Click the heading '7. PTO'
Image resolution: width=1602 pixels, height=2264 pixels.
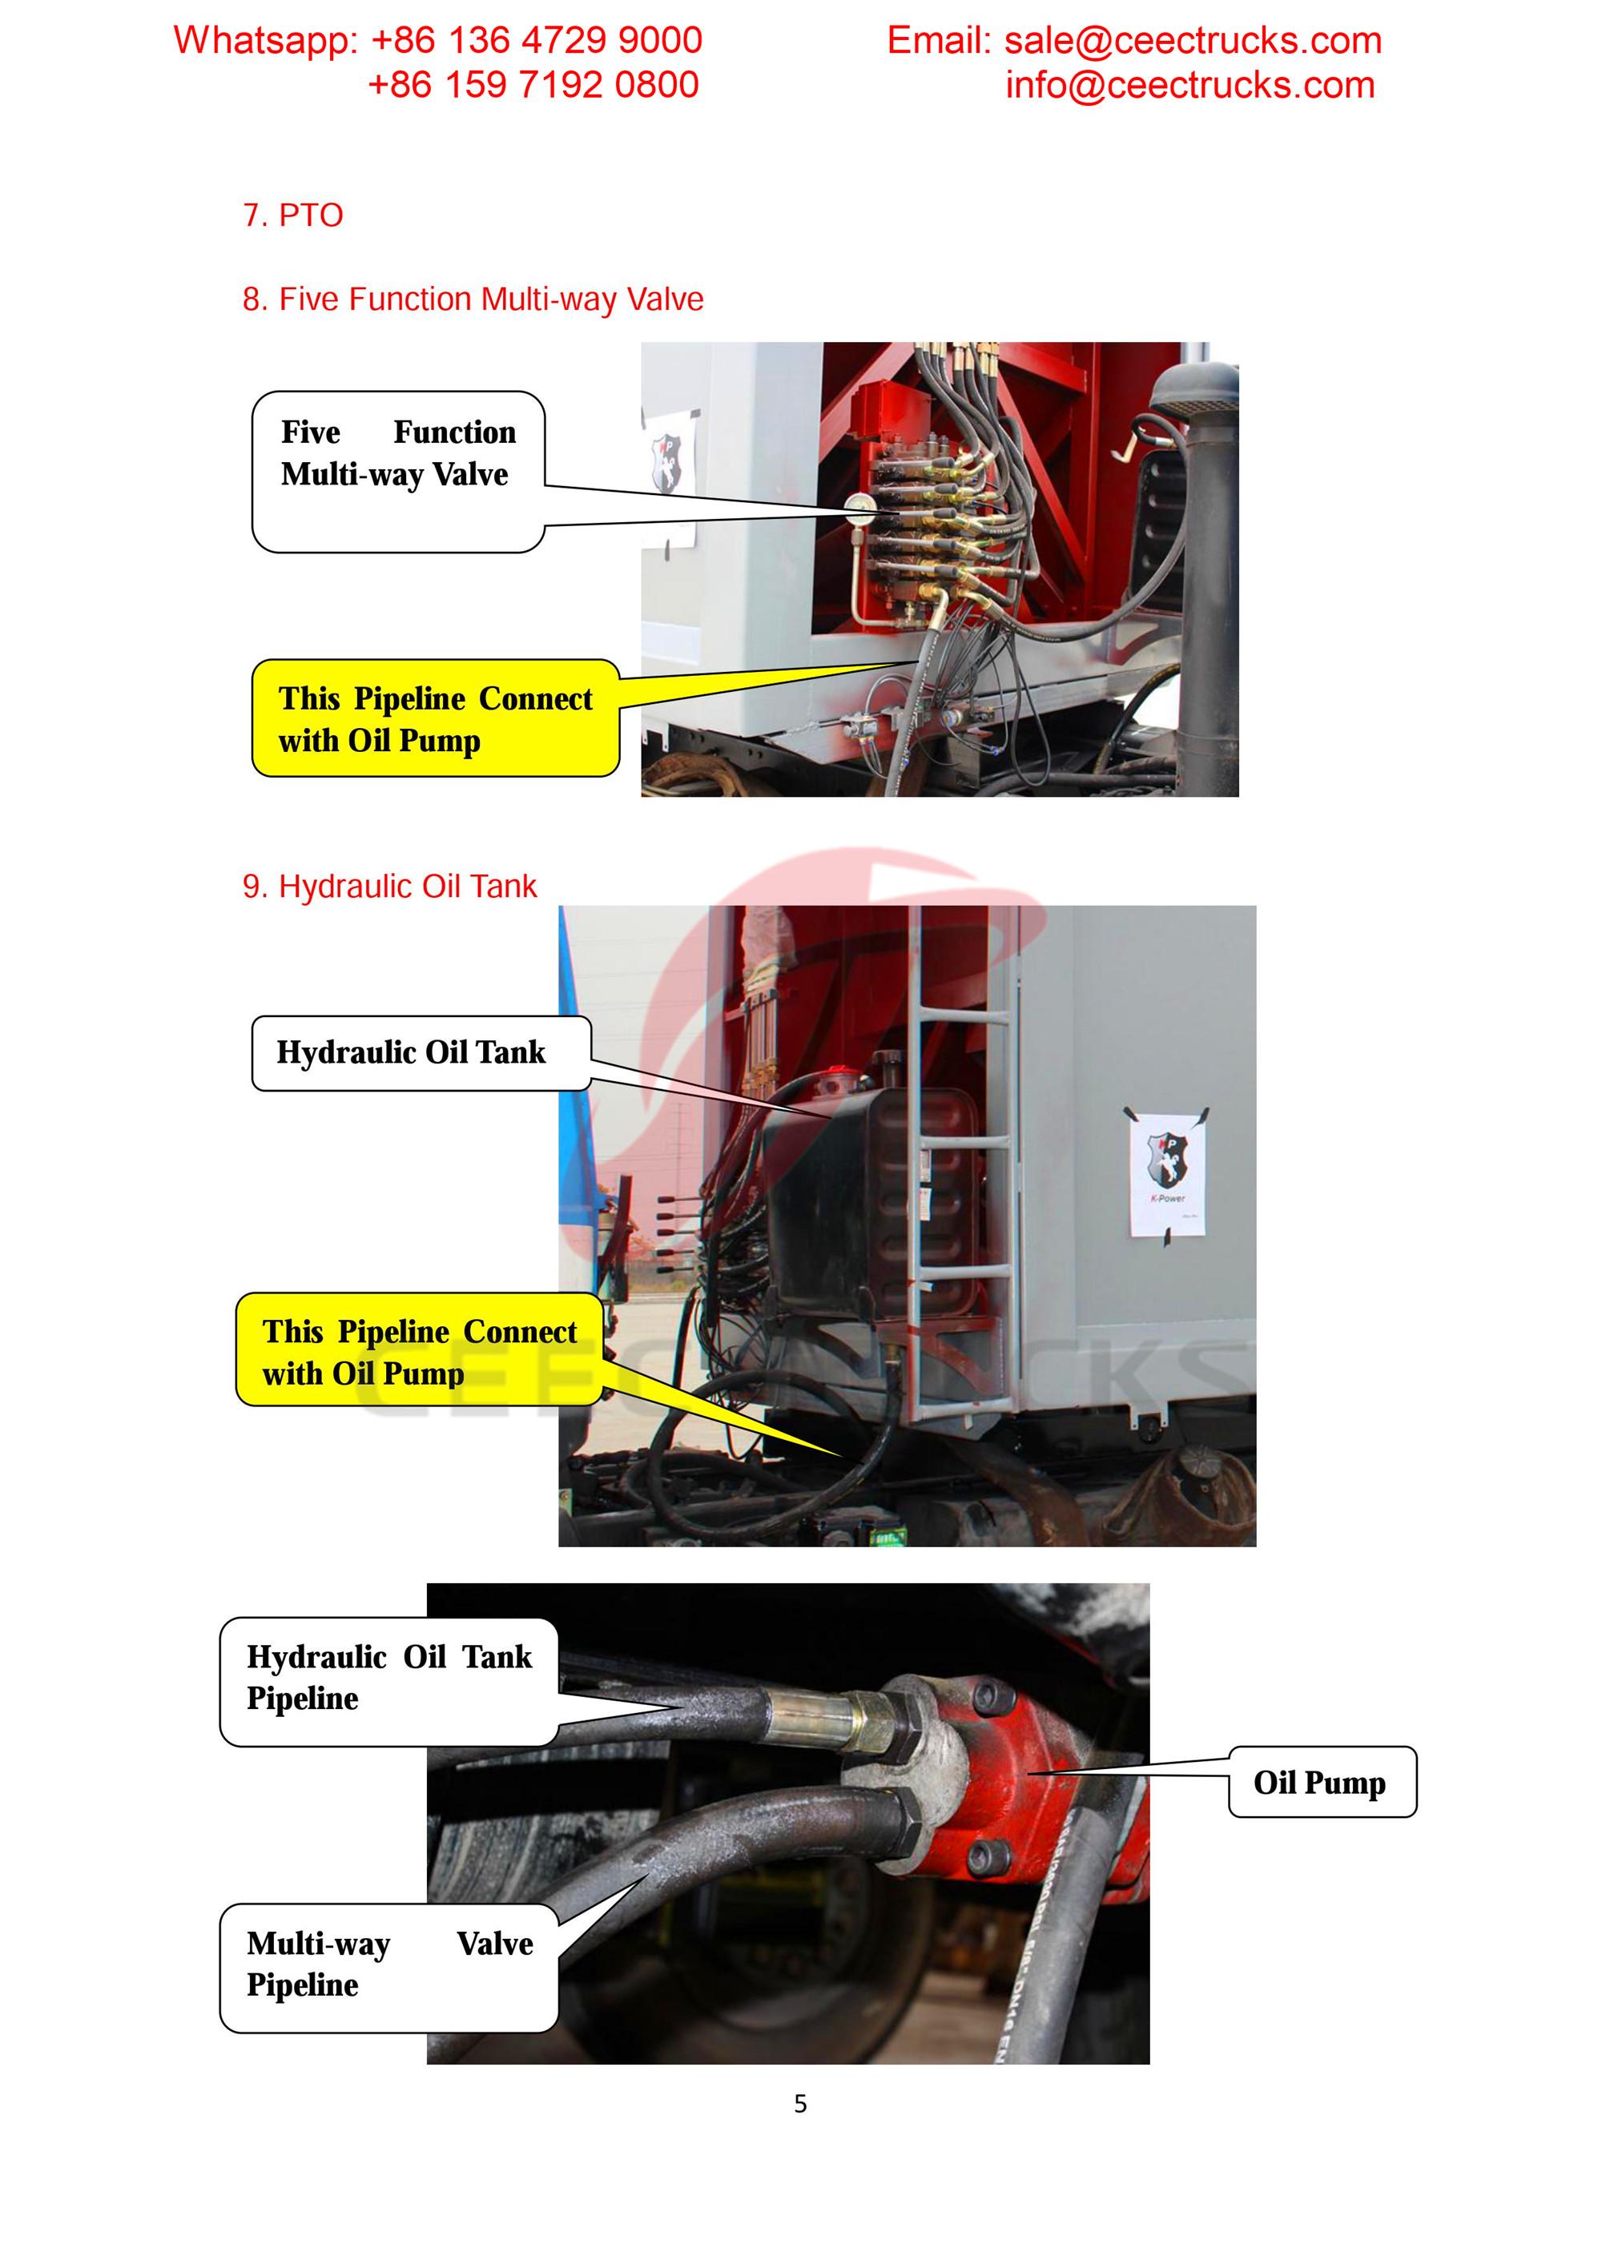tap(293, 215)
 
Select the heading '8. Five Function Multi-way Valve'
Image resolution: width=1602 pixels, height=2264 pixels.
tap(473, 299)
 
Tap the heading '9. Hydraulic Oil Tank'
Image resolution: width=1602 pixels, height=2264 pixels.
tap(389, 887)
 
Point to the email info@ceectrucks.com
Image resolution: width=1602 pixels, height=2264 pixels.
tap(1189, 86)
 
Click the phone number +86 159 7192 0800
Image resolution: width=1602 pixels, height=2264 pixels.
tap(533, 85)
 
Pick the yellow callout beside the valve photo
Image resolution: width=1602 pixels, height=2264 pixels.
tap(434, 719)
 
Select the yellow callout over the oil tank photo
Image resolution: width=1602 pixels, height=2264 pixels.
tap(418, 1351)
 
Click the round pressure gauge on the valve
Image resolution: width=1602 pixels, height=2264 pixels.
tap(856, 506)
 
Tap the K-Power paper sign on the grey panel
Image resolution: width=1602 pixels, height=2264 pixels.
tap(1168, 1174)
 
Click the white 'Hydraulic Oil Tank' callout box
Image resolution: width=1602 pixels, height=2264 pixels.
tap(421, 1053)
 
